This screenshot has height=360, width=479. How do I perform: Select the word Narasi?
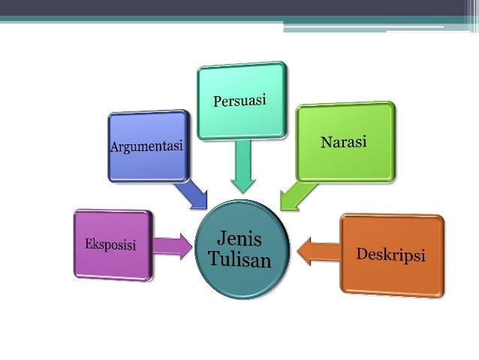(x=344, y=142)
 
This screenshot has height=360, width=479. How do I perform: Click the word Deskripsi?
(x=390, y=254)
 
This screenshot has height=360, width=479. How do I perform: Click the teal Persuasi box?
(x=241, y=83)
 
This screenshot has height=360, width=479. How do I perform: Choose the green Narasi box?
(x=345, y=162)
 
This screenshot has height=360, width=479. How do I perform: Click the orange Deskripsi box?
(x=392, y=274)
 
